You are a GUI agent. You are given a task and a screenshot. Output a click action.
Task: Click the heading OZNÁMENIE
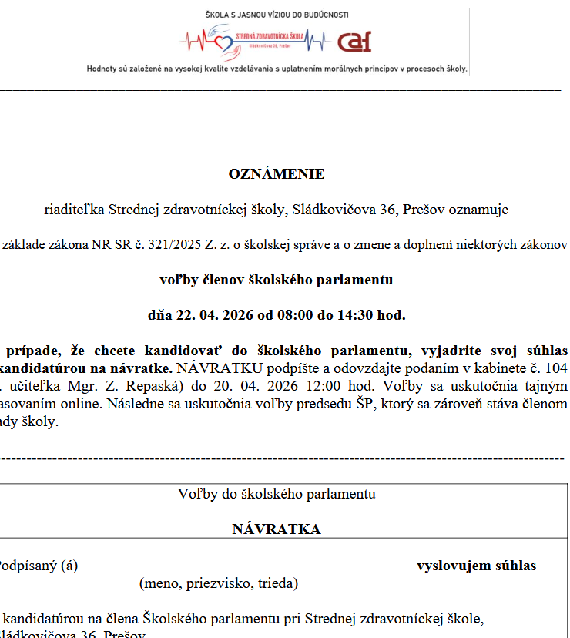pyautogui.click(x=277, y=174)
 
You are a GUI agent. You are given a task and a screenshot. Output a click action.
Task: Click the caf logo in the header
pyautogui.click(x=354, y=42)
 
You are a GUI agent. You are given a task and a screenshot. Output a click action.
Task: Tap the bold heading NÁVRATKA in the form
pyautogui.click(x=277, y=529)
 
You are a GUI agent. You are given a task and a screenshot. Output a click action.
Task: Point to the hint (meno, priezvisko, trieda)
pyautogui.click(x=218, y=583)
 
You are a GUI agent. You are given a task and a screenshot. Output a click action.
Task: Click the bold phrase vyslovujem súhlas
pyautogui.click(x=476, y=566)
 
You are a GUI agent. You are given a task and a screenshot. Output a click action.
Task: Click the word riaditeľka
pyautogui.click(x=74, y=210)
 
